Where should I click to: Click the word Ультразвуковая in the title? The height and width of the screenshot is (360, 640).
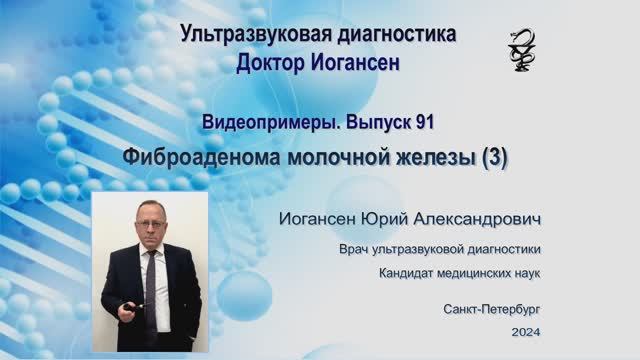tap(250, 34)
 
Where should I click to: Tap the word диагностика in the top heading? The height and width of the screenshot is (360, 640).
tap(391, 34)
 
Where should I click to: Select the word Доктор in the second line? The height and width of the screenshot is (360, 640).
tap(271, 63)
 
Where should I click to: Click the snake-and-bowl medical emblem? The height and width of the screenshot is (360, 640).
tap(522, 50)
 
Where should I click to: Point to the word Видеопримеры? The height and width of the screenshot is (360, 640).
tap(271, 123)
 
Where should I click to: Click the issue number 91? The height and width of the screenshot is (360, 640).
tap(425, 122)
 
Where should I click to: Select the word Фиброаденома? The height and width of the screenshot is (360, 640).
tap(202, 158)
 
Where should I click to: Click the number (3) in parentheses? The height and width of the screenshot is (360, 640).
tap(494, 158)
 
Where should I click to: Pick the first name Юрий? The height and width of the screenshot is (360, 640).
tap(385, 219)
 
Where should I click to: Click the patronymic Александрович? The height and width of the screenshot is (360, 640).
tap(478, 219)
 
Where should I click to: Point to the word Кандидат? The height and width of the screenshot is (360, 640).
tap(406, 273)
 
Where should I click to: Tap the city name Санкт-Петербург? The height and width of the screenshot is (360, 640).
tap(491, 309)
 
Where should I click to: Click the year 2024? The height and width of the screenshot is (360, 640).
tap(526, 332)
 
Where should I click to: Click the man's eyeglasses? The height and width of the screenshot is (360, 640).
tap(151, 223)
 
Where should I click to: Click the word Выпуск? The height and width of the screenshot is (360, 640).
tap(378, 123)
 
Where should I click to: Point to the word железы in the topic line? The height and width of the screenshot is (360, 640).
tap(437, 158)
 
